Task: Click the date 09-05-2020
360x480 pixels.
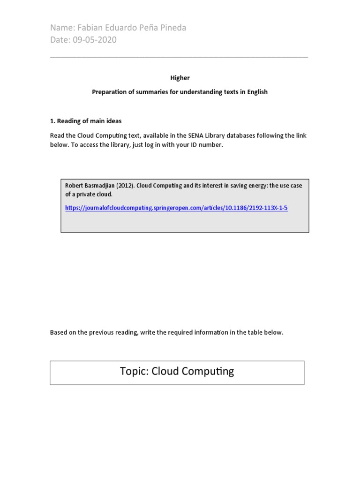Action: click(x=95, y=40)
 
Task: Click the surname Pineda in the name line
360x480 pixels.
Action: click(x=172, y=28)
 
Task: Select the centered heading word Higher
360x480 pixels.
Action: click(x=180, y=78)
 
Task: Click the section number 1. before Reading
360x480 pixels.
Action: click(x=52, y=121)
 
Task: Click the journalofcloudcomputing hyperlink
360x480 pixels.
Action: click(x=176, y=208)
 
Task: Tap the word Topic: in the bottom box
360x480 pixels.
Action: click(x=135, y=372)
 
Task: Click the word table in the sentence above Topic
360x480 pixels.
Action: click(x=249, y=332)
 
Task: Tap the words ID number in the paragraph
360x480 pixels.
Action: click(x=208, y=145)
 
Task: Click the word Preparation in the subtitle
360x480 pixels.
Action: click(x=108, y=92)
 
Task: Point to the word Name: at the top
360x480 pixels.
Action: click(x=62, y=28)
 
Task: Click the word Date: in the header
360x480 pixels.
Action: click(x=60, y=40)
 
